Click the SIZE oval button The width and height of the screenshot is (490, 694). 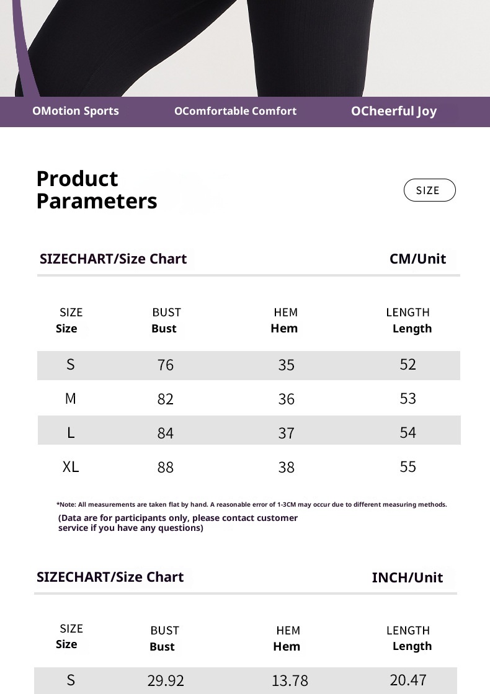(429, 190)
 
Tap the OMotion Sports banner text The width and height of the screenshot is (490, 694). (76, 111)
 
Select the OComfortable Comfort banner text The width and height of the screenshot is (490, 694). (235, 111)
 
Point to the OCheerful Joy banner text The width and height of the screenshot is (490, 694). (394, 111)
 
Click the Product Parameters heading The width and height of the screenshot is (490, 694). (97, 190)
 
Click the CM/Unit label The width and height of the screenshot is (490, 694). (417, 259)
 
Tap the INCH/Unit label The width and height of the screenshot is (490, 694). (407, 577)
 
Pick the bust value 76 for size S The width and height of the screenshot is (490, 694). (166, 365)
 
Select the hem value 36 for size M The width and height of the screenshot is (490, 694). (286, 399)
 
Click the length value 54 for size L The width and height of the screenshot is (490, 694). (408, 432)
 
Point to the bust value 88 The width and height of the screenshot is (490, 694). (166, 467)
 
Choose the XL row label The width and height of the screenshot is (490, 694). (71, 466)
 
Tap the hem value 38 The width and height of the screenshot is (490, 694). (286, 467)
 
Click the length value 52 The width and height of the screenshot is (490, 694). (408, 364)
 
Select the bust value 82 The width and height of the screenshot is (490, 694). (166, 399)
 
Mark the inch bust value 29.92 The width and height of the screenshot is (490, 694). (166, 680)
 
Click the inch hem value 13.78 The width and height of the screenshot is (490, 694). (290, 680)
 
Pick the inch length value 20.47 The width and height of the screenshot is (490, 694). (408, 680)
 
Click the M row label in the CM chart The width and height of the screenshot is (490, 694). (71, 398)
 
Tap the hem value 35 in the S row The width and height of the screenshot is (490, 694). (286, 365)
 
